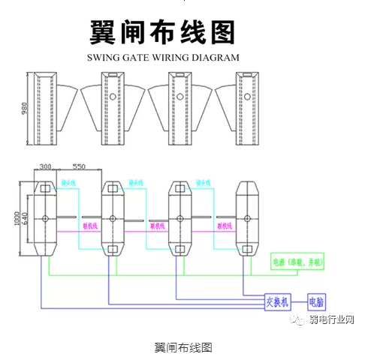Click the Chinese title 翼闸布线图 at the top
[x=162, y=31]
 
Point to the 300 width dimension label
[x=46, y=166]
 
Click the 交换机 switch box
[x=277, y=303]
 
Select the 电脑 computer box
[x=316, y=303]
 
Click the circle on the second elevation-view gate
[x=113, y=97]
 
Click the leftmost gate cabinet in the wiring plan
[x=46, y=218]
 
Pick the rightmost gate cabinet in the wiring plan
[x=248, y=218]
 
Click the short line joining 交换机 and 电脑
[x=298, y=303]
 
